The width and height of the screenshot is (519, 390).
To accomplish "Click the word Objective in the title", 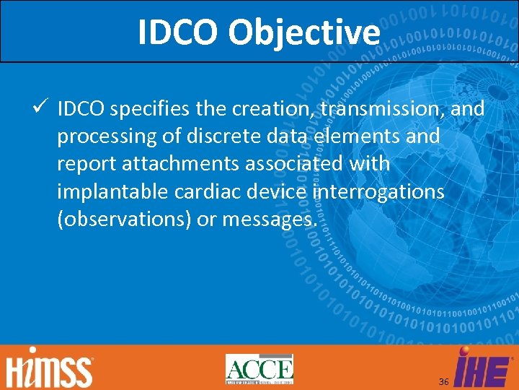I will tap(303, 32).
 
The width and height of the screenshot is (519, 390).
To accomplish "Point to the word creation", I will tap(264, 109).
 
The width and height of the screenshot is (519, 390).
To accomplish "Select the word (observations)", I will tap(124, 219).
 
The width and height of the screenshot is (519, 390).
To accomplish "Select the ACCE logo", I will tap(259, 369).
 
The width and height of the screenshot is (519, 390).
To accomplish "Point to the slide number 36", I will tap(443, 381).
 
